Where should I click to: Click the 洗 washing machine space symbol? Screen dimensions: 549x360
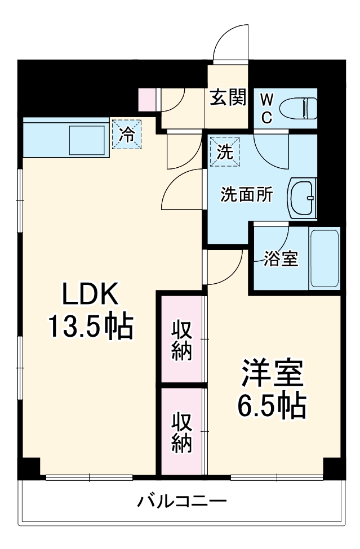225,152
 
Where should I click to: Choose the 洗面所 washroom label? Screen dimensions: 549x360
246,194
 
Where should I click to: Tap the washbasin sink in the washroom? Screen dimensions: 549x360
303,198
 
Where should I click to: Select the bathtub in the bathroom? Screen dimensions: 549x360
325,258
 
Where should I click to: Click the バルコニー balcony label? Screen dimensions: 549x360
182,500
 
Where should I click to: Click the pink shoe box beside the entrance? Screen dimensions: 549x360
146,99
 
